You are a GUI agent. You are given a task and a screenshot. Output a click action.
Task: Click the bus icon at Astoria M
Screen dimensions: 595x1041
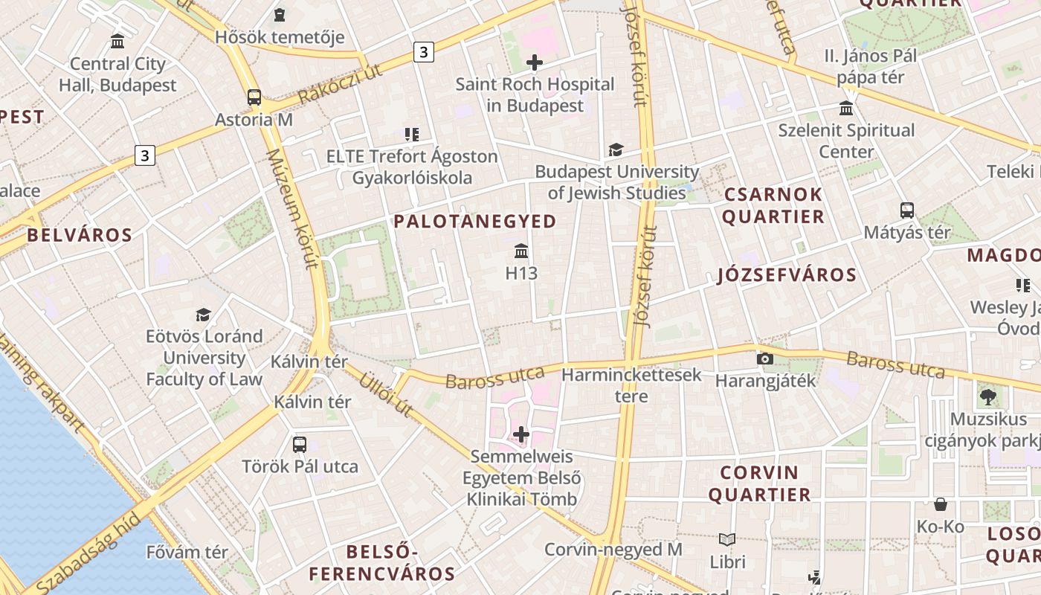[x=254, y=97]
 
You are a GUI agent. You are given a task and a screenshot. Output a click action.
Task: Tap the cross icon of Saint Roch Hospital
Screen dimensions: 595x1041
[x=534, y=62]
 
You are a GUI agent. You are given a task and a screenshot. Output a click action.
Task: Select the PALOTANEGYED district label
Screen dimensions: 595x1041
[x=474, y=221]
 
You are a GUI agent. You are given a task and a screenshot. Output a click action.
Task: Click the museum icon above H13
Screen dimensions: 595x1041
[x=521, y=251]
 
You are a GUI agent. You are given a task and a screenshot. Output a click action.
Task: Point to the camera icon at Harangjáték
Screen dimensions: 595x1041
[x=764, y=358]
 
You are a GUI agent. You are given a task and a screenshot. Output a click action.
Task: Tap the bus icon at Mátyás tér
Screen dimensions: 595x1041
[x=906, y=210]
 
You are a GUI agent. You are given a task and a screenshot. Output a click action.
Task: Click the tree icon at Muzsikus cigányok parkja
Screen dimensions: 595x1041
[x=987, y=397]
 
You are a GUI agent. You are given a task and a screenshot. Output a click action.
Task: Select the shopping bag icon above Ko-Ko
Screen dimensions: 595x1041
[x=941, y=504]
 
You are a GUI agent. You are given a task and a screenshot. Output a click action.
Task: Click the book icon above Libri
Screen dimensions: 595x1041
[x=727, y=539]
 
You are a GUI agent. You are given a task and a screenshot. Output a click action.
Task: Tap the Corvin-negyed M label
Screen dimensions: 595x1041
[x=613, y=550]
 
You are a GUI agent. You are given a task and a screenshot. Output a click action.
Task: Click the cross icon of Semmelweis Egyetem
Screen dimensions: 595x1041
[x=521, y=434]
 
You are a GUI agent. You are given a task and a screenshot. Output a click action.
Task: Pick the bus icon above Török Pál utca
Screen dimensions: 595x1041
[x=300, y=445]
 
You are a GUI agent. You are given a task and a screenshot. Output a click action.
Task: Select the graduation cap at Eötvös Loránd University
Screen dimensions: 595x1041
[x=204, y=315]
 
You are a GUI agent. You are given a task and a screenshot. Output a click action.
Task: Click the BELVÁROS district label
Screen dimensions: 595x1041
[x=80, y=235]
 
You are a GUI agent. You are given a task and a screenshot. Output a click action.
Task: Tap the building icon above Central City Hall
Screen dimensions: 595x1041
[x=117, y=41]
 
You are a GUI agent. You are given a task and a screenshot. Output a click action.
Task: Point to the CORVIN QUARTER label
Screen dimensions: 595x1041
[x=759, y=483]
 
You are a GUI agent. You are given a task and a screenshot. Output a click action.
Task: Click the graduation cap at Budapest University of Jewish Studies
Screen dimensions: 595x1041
[x=616, y=150]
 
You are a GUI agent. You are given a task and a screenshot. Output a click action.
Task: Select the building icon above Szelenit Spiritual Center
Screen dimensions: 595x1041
[x=846, y=109]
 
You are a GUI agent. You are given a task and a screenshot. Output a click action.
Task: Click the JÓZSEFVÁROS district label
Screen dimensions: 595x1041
[x=787, y=275]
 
